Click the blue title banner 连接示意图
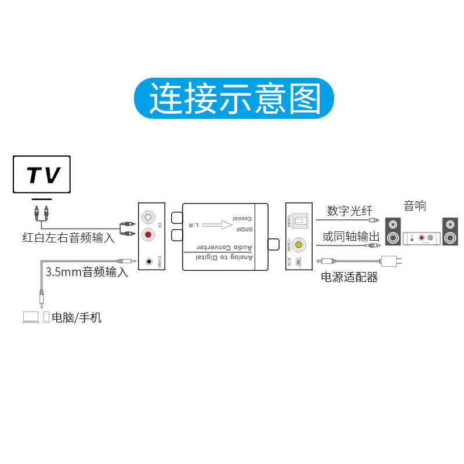(234, 99)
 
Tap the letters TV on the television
(42, 175)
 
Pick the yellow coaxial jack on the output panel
(299, 245)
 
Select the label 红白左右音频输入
(68, 237)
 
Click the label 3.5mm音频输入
(86, 271)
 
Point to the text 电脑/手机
(77, 317)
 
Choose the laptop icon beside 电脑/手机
(31, 317)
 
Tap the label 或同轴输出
(351, 237)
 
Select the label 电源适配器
(349, 277)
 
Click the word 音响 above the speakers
(415, 205)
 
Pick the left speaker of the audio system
(393, 231)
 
